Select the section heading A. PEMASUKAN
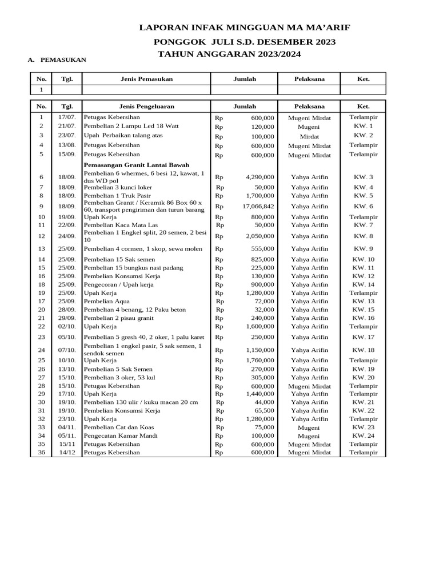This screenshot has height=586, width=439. tap(57, 60)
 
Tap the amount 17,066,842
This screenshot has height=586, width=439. tap(258, 207)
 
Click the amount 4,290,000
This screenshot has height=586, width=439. tap(260, 177)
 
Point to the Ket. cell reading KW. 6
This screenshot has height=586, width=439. tap(363, 207)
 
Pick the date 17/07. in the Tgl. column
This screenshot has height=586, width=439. tap(67, 117)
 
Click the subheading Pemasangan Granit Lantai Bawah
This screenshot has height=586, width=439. tap(137, 165)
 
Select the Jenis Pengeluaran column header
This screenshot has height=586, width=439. tap(146, 106)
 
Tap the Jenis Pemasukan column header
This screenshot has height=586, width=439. tap(146, 79)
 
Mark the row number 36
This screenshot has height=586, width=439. tap(41, 452)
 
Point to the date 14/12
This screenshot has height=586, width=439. tap(67, 452)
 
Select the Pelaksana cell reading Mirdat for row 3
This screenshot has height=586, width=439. tap(309, 137)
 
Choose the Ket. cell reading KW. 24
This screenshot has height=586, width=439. tap(363, 435)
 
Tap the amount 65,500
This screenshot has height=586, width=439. tap(263, 411)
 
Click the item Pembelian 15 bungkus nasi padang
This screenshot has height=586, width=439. tap(133, 268)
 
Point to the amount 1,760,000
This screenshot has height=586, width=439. tap(260, 361)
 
